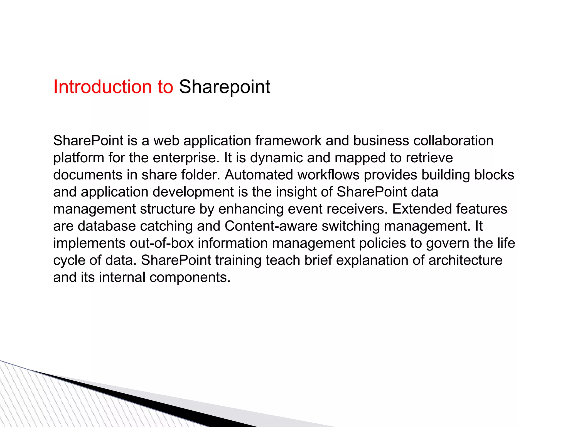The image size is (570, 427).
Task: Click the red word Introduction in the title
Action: tap(102, 87)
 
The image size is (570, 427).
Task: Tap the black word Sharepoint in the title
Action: tap(224, 87)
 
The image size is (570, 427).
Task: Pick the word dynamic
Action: tap(276, 158)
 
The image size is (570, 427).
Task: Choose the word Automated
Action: tap(259, 175)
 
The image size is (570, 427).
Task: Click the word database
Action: tap(107, 226)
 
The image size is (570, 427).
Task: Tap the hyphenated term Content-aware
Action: tap(271, 226)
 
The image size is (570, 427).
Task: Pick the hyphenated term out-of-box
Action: tap(161, 243)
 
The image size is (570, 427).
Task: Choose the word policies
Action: tap(382, 243)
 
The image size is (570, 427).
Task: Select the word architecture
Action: tap(465, 260)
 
